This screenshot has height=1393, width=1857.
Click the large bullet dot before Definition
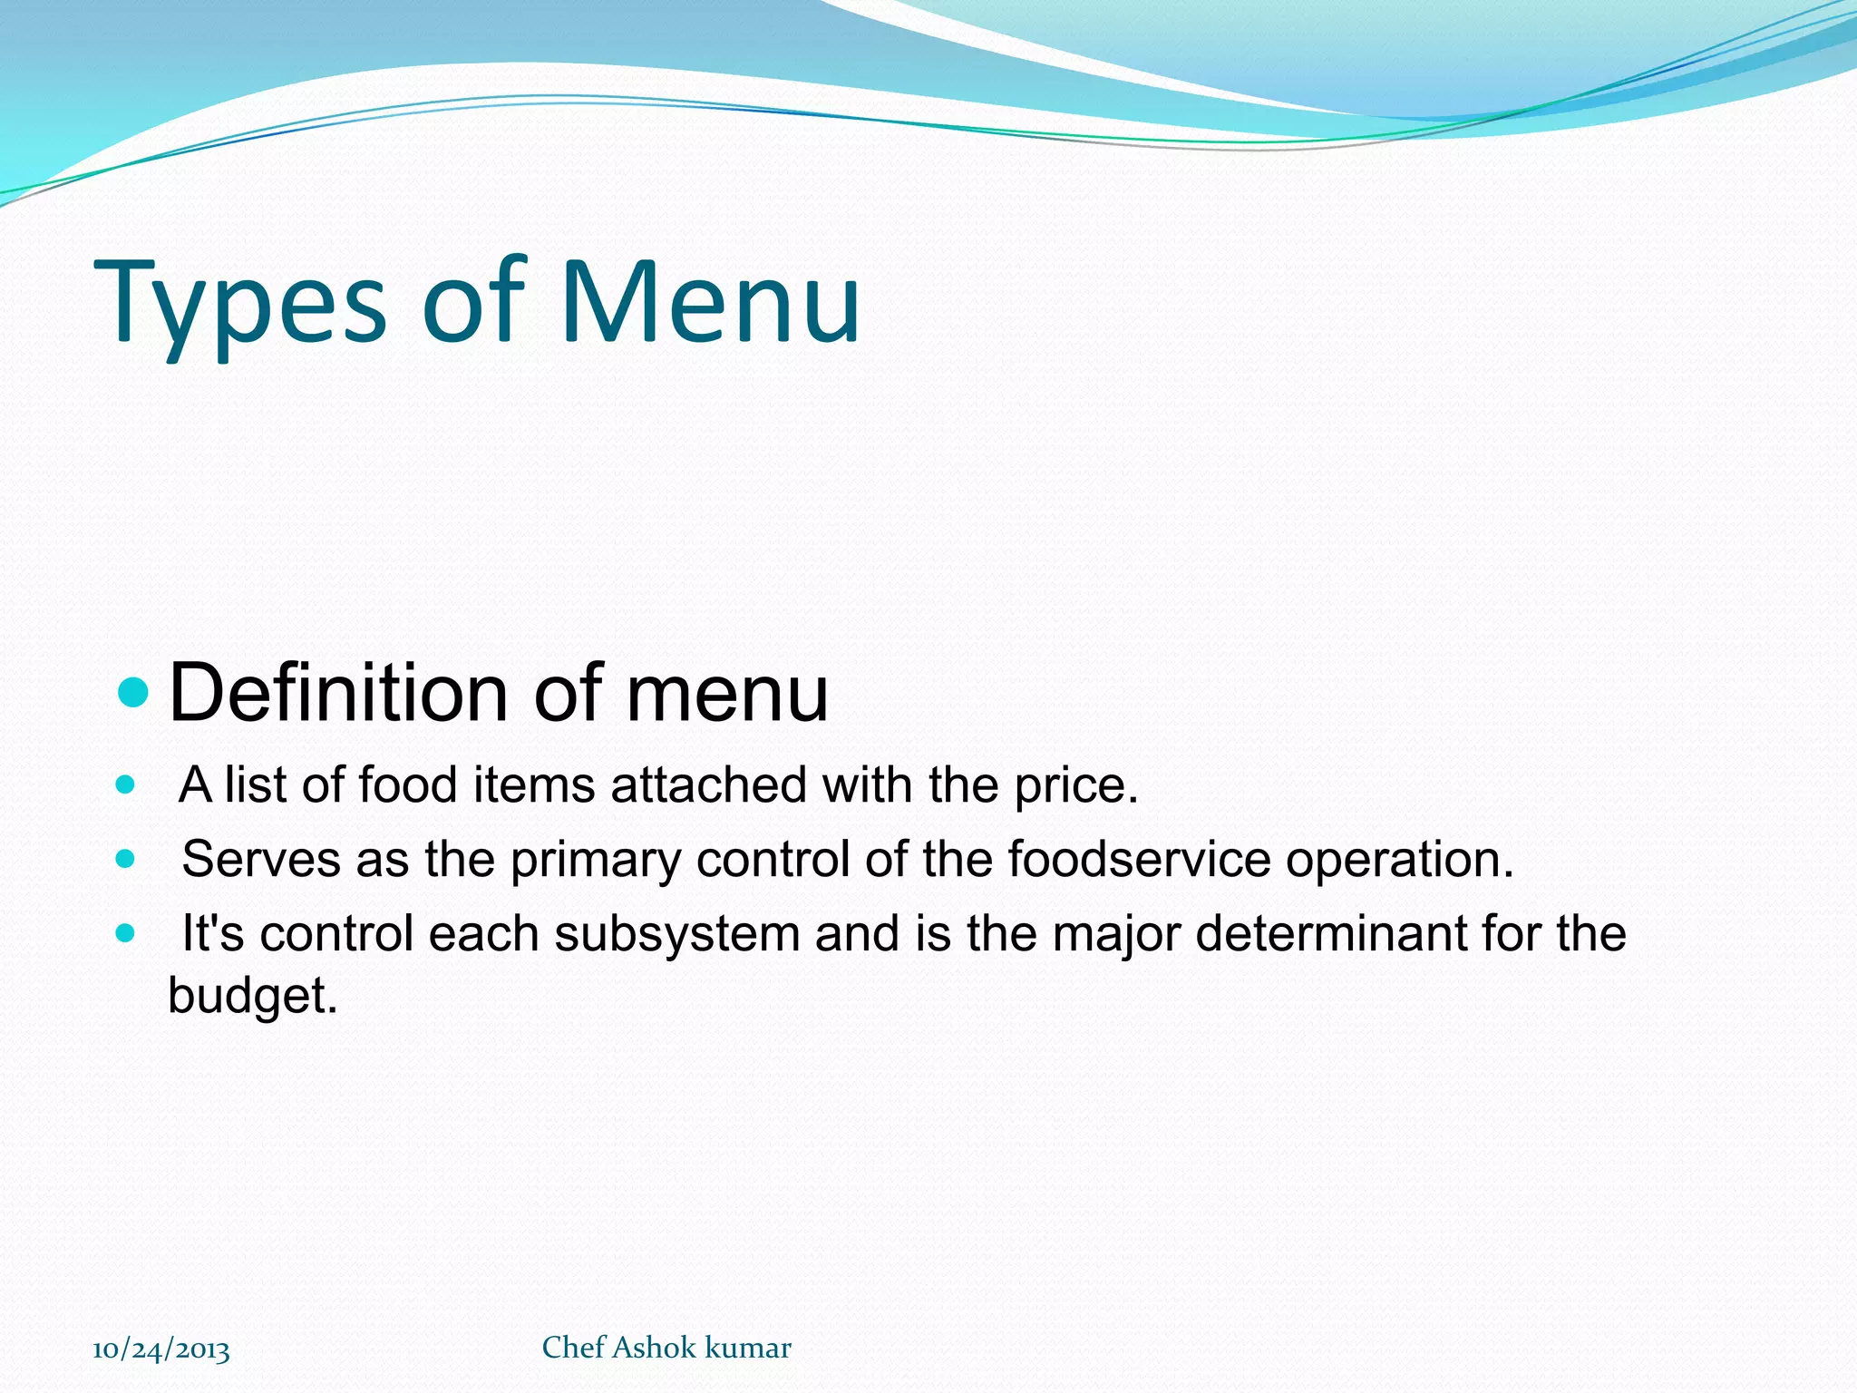(133, 694)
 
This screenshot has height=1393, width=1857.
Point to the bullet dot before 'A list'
(126, 784)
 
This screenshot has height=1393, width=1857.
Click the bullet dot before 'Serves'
(126, 859)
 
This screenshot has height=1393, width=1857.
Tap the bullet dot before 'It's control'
(126, 933)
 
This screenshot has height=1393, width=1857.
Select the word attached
(708, 784)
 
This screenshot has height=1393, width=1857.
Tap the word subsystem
(676, 935)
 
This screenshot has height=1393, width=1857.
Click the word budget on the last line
(252, 996)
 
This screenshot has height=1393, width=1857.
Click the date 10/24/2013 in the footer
(161, 1349)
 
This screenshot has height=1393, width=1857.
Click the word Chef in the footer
(573, 1348)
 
